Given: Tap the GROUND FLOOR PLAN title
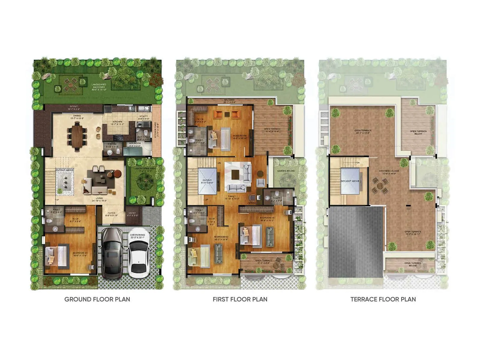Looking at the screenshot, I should [97, 299].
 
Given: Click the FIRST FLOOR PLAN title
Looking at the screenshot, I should [240, 299].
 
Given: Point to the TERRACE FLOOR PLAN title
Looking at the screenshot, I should [383, 299].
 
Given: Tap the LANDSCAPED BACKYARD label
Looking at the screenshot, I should [99, 86].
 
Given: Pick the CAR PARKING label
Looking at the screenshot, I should [137, 236].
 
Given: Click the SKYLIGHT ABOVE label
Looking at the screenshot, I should [350, 181].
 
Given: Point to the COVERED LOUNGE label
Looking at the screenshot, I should [389, 172].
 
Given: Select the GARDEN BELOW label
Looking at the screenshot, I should [286, 171].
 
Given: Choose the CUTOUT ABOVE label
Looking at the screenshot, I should [64, 170].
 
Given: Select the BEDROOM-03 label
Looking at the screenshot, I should [267, 219].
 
